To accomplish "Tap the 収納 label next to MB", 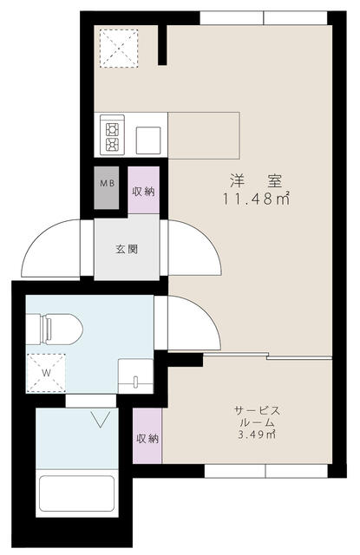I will coord(143,191).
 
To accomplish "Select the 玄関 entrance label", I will coord(127,249).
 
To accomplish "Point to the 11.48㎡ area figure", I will coord(256,199).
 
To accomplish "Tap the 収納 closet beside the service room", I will coord(147,438).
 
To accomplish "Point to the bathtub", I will coord(77,495).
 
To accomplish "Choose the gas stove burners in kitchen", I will coord(114,134).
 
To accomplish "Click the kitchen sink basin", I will coord(147,135).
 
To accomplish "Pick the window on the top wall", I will coord(264,18).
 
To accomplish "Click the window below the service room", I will coord(264,472).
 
